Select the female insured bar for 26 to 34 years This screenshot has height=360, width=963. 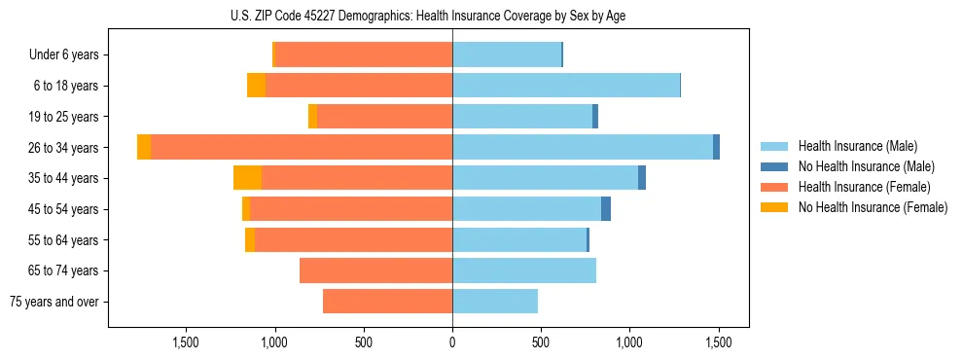(302, 147)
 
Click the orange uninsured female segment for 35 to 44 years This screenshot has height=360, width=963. (247, 178)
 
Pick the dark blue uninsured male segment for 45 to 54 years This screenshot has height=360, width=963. (606, 209)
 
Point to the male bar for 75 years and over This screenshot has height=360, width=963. (495, 302)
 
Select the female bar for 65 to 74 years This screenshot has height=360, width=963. (375, 270)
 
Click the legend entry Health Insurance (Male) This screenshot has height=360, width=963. (857, 146)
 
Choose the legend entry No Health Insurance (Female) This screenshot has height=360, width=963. (873, 207)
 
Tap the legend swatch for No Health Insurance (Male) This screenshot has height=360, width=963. (775, 166)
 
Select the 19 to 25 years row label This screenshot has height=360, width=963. (66, 117)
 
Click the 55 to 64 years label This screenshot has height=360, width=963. (66, 240)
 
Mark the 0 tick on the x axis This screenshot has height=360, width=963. (452, 342)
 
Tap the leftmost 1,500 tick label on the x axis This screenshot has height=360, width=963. (185, 342)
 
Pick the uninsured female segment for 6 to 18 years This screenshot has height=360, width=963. (256, 86)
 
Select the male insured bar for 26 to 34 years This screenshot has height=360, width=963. (583, 147)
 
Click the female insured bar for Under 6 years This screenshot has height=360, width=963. (364, 55)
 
